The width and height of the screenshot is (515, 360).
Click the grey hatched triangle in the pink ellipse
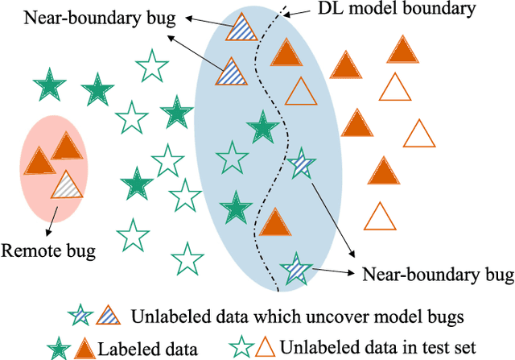[67, 186]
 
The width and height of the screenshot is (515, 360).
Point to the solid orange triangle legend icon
[108, 347]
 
